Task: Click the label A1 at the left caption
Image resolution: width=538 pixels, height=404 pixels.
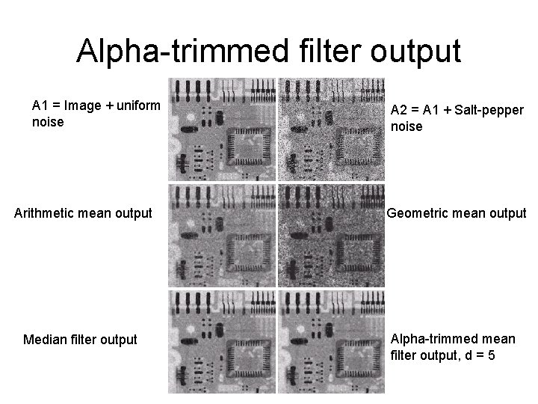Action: pos(40,105)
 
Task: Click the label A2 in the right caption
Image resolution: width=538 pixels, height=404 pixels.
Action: pos(400,111)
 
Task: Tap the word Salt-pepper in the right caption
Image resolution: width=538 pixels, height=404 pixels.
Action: pos(493,111)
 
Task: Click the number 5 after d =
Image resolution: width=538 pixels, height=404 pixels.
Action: pos(490,354)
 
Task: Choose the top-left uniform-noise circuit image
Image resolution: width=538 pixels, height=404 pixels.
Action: pos(221,129)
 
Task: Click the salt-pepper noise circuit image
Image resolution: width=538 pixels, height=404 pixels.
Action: pos(331,129)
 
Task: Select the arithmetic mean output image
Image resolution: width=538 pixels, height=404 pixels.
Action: pos(221,236)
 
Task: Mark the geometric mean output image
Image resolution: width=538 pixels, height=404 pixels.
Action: pos(331,236)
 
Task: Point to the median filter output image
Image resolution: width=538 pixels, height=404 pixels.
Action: pos(221,341)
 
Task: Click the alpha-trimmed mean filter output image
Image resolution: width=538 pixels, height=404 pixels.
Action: pos(331,341)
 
